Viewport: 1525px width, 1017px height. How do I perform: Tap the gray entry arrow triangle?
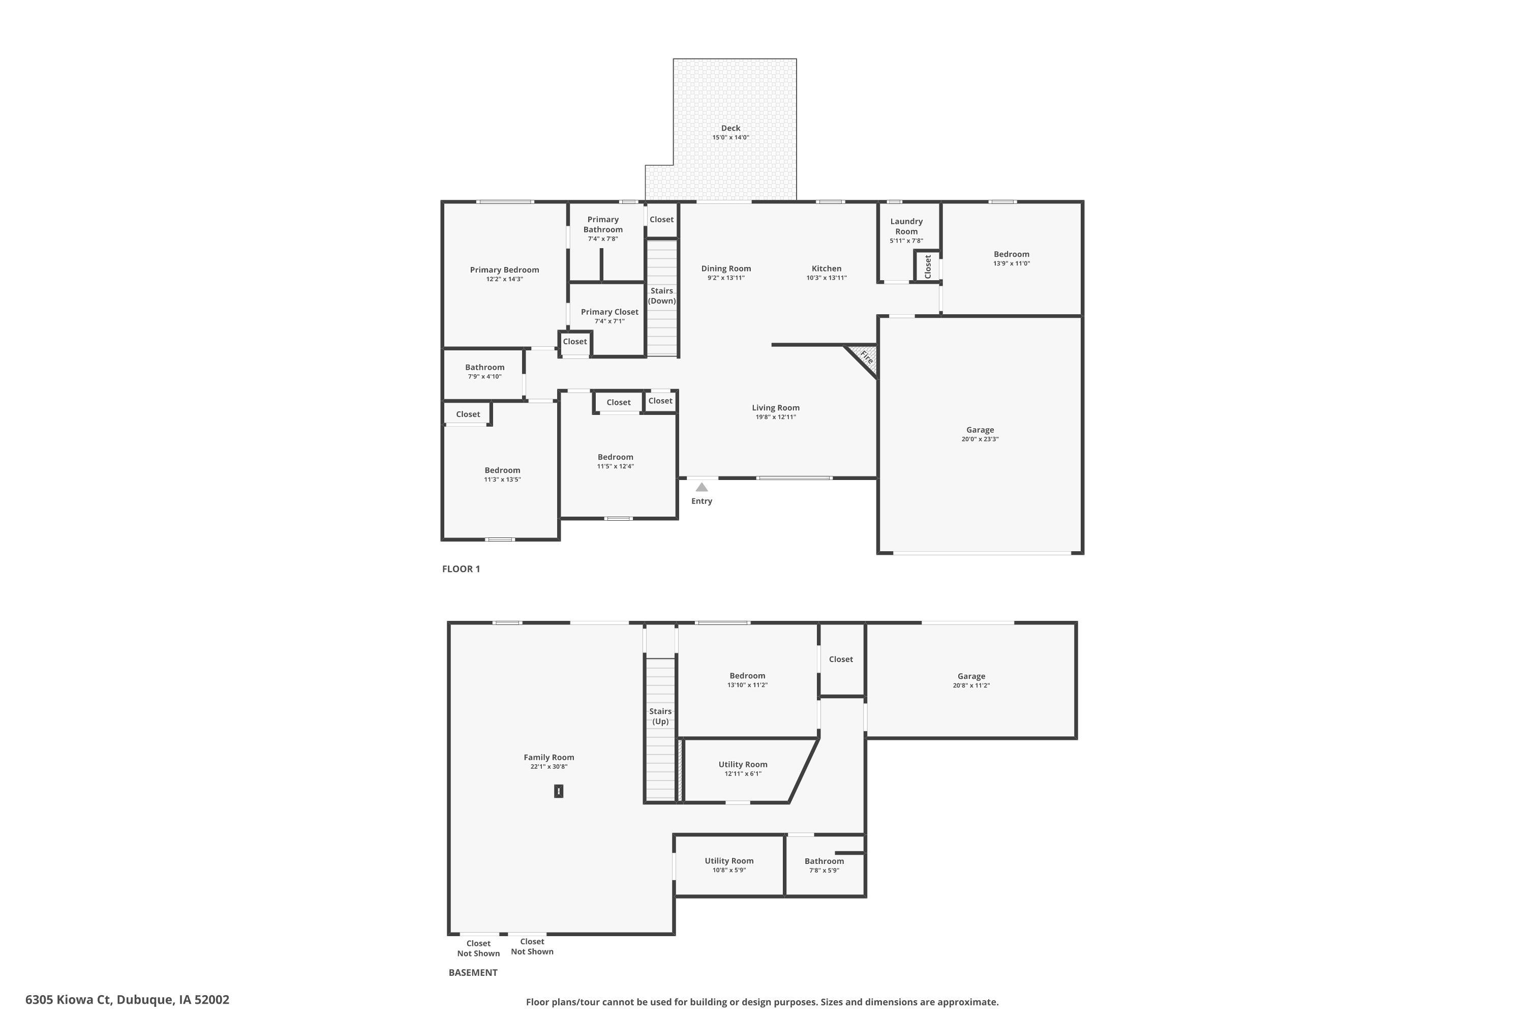701,487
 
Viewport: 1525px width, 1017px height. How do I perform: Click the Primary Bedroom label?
504,270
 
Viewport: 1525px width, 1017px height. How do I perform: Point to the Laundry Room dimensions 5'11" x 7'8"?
906,241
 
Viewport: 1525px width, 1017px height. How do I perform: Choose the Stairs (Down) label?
662,296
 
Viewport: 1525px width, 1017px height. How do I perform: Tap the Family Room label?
548,757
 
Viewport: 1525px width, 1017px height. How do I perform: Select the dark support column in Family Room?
559,791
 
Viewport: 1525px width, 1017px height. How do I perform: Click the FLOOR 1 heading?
461,569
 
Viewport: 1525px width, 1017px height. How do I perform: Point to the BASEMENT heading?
473,972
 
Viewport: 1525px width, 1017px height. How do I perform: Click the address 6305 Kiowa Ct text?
68,1000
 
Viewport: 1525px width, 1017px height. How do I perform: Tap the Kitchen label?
827,268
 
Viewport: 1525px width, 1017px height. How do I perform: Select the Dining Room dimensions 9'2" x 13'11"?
726,278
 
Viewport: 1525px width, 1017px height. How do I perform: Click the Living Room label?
776,408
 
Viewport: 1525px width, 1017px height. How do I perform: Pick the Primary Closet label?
609,312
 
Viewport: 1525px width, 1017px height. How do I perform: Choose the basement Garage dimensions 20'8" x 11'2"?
971,685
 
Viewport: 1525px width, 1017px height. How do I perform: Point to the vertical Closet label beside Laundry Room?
928,266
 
